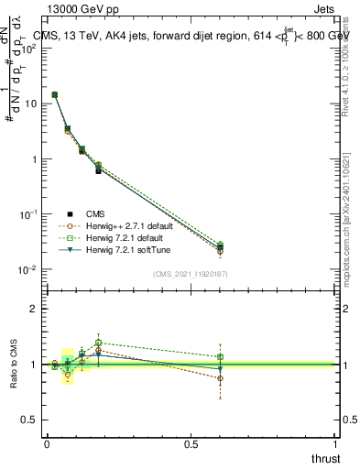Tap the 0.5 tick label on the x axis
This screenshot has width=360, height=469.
[191, 443]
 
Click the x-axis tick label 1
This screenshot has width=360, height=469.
[336, 443]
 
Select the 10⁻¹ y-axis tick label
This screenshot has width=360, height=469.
[28, 214]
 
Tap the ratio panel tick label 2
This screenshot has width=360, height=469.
[34, 309]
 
